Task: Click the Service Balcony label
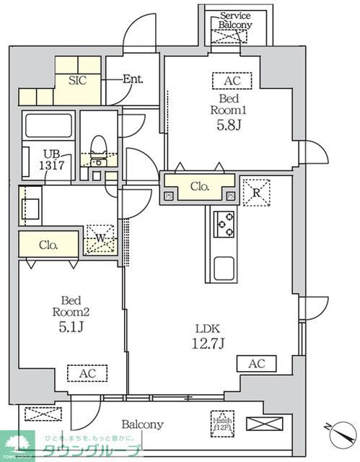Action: pos(236,19)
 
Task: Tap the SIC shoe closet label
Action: pos(77,80)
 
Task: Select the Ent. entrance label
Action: pos(132,79)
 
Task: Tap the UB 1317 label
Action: pos(53,159)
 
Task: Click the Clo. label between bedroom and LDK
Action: pos(200,186)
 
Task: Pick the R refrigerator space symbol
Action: pos(255,192)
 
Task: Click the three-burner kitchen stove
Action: pos(224,225)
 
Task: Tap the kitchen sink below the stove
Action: pos(224,269)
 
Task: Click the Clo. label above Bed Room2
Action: pos(49,244)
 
